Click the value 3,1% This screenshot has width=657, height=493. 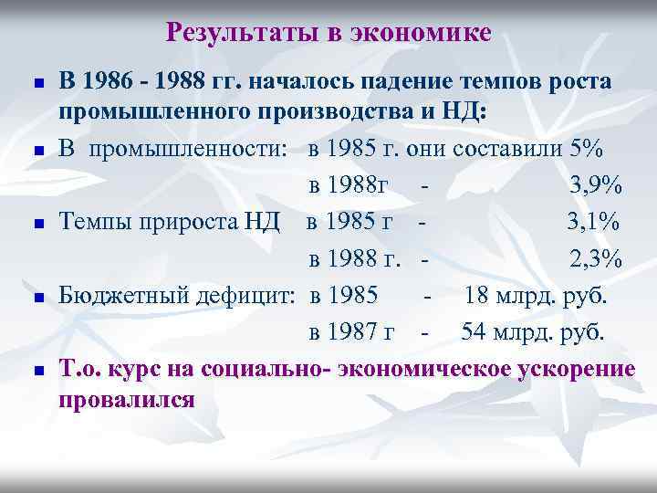[594, 222]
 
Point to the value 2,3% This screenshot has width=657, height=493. [597, 259]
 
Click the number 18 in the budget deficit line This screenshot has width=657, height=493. [476, 296]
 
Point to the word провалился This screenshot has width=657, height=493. [127, 400]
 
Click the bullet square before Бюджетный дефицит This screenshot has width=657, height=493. [37, 298]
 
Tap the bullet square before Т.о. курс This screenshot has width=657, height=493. [37, 371]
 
